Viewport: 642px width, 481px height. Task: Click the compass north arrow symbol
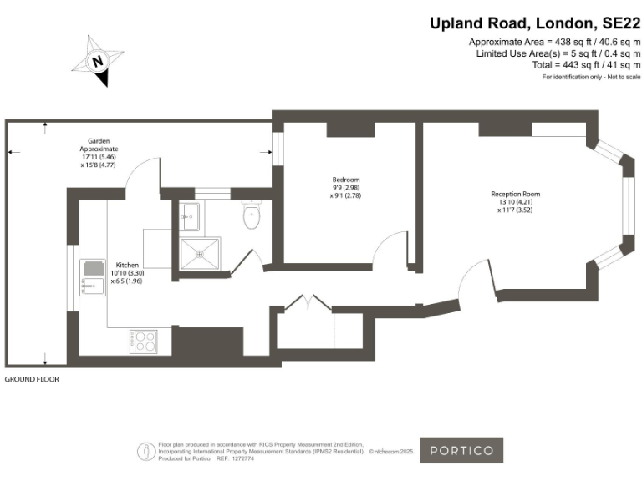click(x=98, y=61)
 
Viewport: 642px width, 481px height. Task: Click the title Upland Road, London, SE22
click(x=535, y=23)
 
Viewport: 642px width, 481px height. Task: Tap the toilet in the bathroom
click(x=252, y=216)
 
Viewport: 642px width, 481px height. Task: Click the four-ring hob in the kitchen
click(x=143, y=341)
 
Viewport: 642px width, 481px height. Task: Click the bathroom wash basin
click(x=190, y=216)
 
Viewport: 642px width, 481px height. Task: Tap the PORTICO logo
click(x=461, y=451)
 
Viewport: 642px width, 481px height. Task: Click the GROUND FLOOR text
click(x=32, y=379)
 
